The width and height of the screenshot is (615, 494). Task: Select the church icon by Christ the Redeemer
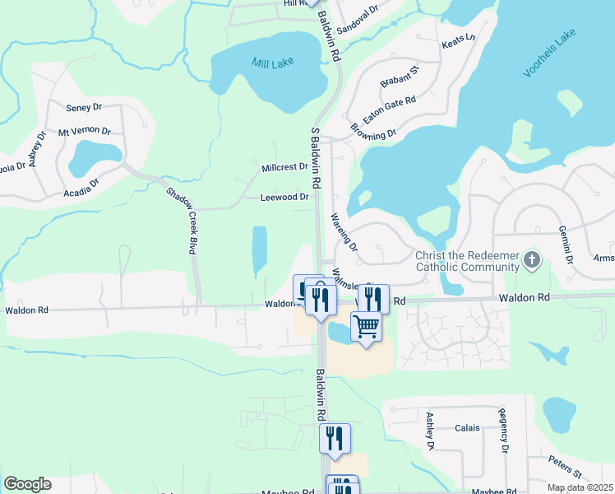532,261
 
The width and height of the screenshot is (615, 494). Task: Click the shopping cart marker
367,326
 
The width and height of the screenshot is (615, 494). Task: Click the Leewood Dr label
284,198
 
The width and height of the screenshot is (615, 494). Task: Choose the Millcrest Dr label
284,167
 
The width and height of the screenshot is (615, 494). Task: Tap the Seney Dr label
84,108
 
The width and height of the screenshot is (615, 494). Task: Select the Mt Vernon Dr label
84,131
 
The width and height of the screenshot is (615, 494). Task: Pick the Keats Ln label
459,40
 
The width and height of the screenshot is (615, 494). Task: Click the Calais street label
468,428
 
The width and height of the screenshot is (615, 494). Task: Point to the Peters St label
566,468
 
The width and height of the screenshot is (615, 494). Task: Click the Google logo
27,484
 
